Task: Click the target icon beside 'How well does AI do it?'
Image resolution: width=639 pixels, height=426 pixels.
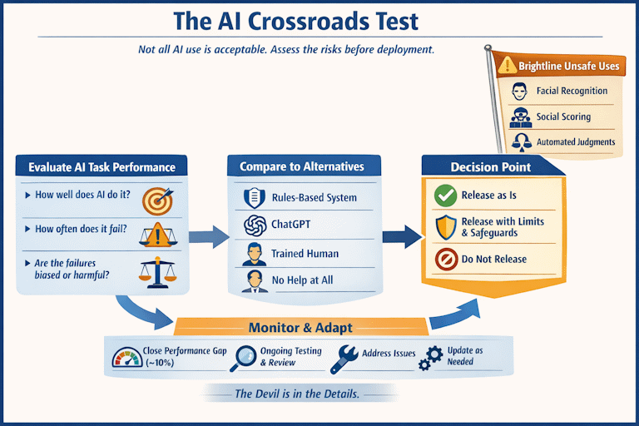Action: (158, 201)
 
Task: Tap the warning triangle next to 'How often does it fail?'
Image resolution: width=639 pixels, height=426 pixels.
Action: (158, 235)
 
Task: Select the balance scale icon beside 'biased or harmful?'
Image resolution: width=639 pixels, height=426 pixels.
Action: (158, 272)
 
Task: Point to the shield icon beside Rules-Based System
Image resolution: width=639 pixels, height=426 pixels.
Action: (255, 198)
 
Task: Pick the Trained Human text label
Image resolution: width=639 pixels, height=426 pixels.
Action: (305, 254)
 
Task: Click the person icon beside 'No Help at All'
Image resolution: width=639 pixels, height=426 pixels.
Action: (255, 281)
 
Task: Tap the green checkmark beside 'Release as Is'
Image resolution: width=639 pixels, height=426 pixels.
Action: (445, 196)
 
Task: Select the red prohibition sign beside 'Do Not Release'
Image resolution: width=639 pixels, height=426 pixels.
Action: (446, 259)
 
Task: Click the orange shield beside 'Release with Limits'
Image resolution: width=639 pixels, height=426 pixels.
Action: (446, 227)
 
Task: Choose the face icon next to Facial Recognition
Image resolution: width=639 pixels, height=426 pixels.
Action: (519, 92)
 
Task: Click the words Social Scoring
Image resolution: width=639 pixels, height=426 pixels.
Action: (563, 116)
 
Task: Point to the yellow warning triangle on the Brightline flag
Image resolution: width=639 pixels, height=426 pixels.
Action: (508, 65)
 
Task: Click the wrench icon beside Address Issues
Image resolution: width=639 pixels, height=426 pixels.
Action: (344, 359)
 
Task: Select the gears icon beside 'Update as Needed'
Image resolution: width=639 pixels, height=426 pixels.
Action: (431, 359)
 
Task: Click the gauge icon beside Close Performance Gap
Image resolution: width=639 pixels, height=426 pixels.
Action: (127, 357)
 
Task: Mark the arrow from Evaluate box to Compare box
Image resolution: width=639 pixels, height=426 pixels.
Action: (209, 237)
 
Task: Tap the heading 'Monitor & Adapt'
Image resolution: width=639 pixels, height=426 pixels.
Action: (300, 328)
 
